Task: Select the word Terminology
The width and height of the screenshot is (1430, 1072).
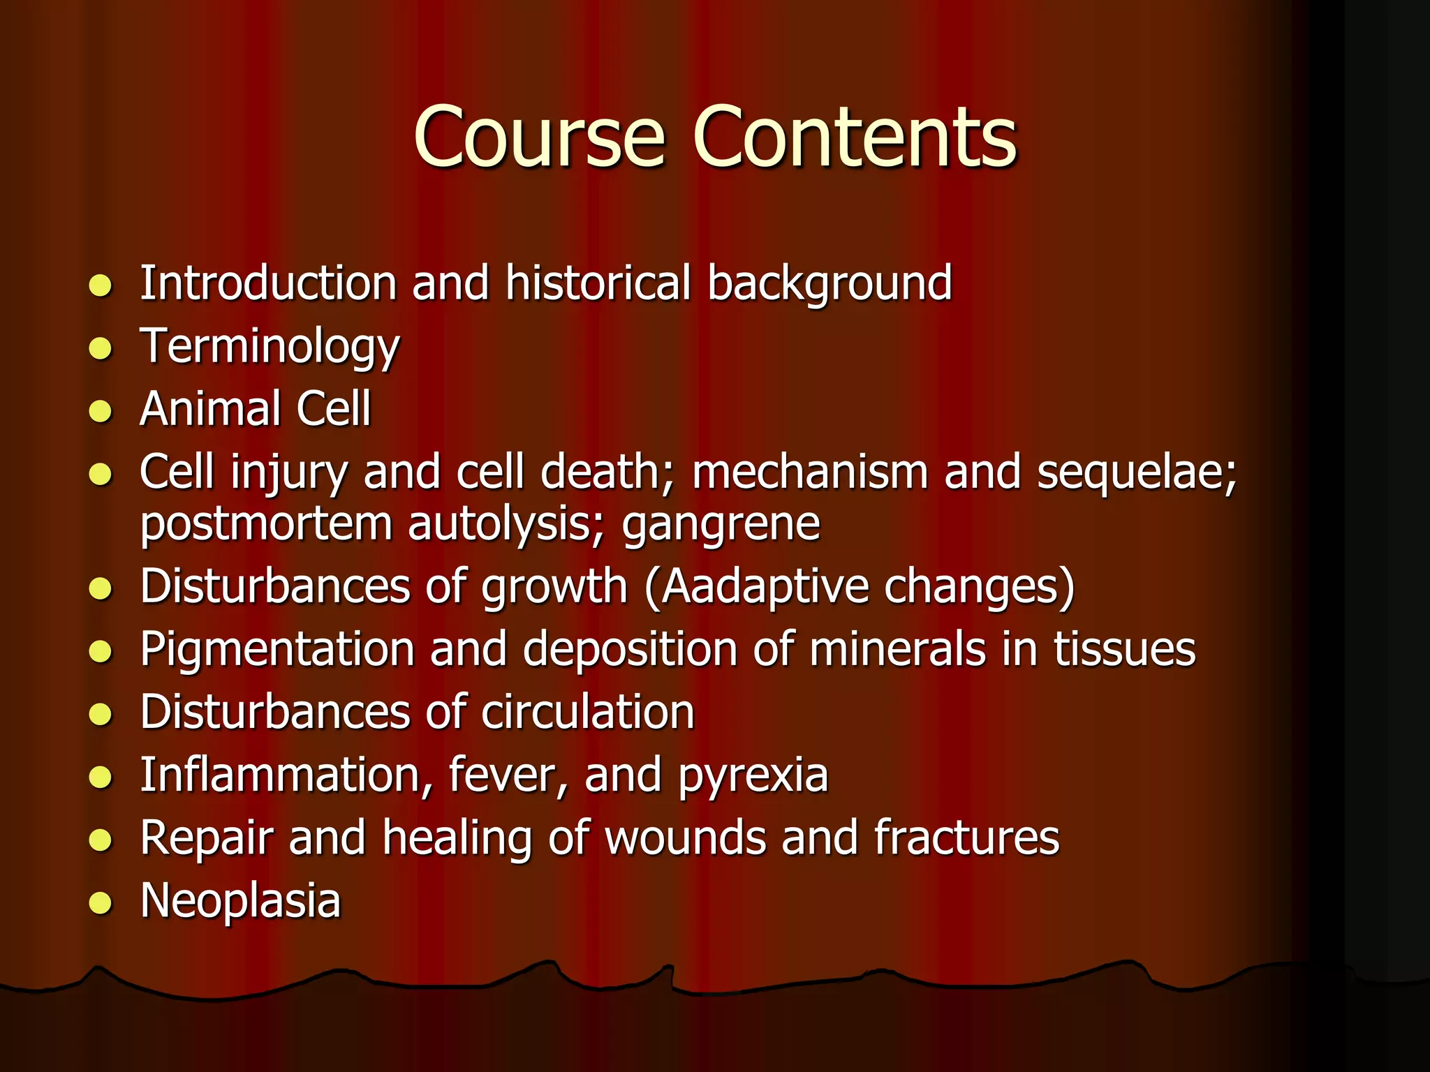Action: [270, 348]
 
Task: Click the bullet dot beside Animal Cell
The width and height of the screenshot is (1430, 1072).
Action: [101, 411]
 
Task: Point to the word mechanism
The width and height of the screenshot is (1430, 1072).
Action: [810, 472]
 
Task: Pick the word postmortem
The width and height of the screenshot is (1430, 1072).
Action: [266, 524]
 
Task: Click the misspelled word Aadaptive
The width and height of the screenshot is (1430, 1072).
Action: [764, 588]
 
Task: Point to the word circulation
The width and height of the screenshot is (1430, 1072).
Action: [587, 713]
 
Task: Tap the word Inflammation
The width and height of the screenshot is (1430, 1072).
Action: [286, 775]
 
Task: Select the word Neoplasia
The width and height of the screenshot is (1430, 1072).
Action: [240, 902]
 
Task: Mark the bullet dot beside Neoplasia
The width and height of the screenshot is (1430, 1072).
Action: [101, 903]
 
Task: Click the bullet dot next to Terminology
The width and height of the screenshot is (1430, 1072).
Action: [101, 348]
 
